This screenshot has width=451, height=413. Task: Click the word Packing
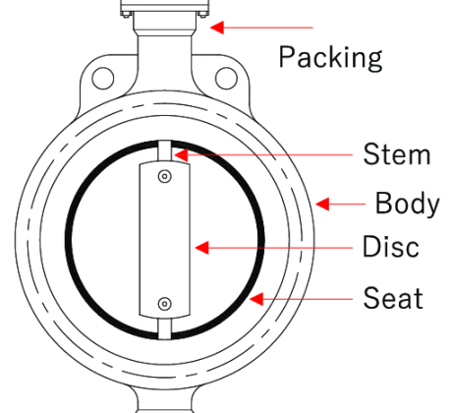pos(330,58)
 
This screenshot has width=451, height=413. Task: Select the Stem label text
pos(397,153)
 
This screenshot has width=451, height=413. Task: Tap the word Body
pos(407,204)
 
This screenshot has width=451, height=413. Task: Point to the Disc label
pos(390,246)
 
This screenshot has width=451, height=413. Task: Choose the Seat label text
pos(393,298)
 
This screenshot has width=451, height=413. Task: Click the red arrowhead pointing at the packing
pos(217,28)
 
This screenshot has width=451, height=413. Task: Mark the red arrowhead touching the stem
pos(182,155)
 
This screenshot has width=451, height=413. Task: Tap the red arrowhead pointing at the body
pos(322,204)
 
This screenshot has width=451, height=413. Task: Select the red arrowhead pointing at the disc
pos(202,248)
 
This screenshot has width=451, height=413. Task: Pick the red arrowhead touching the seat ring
pos(256,299)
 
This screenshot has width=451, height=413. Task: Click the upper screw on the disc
pos(165,176)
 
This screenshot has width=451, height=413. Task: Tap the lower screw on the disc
pos(165,304)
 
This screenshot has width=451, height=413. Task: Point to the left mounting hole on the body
pos(103,79)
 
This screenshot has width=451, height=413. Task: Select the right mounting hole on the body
pos(226,79)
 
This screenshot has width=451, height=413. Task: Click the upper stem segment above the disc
pos(165,151)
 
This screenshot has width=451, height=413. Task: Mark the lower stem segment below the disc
pos(165,329)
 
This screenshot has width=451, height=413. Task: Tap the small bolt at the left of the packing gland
pos(127,14)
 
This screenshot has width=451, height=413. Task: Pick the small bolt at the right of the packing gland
pos(202,14)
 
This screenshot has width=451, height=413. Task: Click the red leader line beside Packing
pos(261,28)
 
